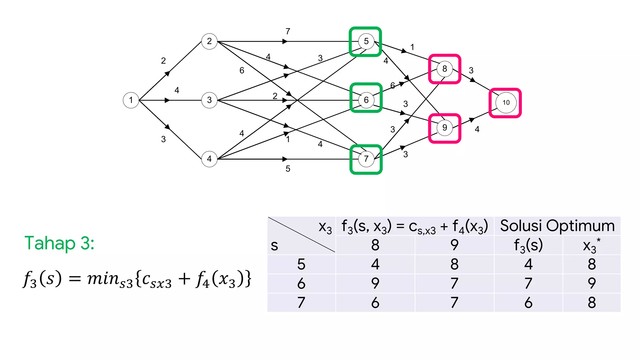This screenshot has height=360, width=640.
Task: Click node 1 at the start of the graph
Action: click(131, 100)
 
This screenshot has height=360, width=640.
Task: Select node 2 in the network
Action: click(209, 41)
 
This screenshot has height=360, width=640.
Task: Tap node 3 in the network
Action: click(209, 100)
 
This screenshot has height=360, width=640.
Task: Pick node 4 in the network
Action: click(209, 159)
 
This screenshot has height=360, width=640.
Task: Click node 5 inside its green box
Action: click(366, 41)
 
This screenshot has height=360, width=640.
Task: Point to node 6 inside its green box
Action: click(366, 100)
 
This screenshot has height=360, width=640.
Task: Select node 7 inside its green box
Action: click(366, 159)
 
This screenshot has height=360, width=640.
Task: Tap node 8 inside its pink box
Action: click(445, 69)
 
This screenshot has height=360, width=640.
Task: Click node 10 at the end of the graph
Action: click(506, 102)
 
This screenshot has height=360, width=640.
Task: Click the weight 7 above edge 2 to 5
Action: click(288, 32)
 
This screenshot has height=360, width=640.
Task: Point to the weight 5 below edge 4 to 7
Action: click(288, 169)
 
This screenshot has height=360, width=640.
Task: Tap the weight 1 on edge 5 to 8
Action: click(412, 47)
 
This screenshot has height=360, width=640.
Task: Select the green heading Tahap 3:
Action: click(59, 243)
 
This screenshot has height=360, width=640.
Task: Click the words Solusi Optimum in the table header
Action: click(557, 226)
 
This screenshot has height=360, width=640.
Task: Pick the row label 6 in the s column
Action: click(301, 283)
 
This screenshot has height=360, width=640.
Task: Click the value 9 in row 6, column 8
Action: click(375, 283)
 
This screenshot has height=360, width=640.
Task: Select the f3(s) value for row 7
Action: click(528, 302)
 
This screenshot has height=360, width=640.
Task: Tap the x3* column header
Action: click(591, 245)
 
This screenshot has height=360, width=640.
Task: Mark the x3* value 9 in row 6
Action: click(592, 283)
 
